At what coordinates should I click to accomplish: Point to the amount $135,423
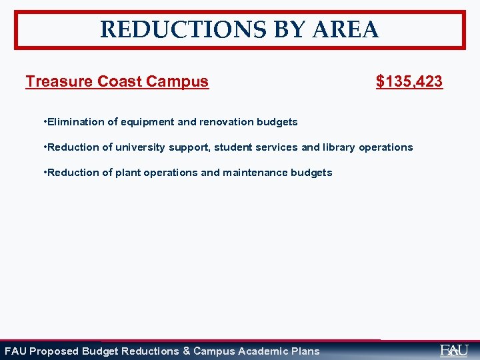click(409, 81)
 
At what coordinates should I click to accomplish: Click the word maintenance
click(256, 173)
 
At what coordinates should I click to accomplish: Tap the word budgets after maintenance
click(312, 173)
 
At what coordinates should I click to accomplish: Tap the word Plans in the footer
click(305, 351)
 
